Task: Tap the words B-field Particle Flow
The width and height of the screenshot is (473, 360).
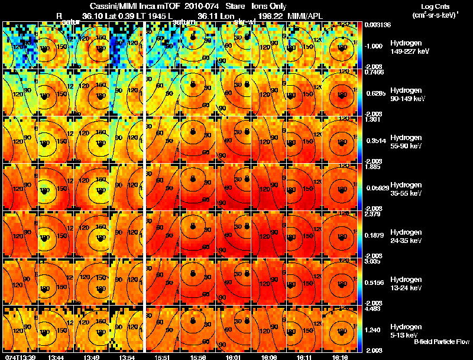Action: click(440, 342)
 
